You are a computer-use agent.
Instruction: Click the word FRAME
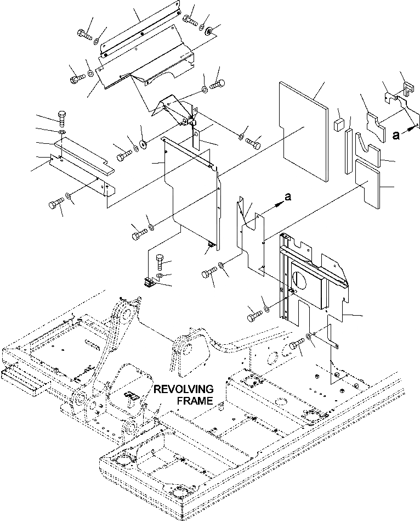(195, 401)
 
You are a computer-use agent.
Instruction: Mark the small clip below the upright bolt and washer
(147, 282)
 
